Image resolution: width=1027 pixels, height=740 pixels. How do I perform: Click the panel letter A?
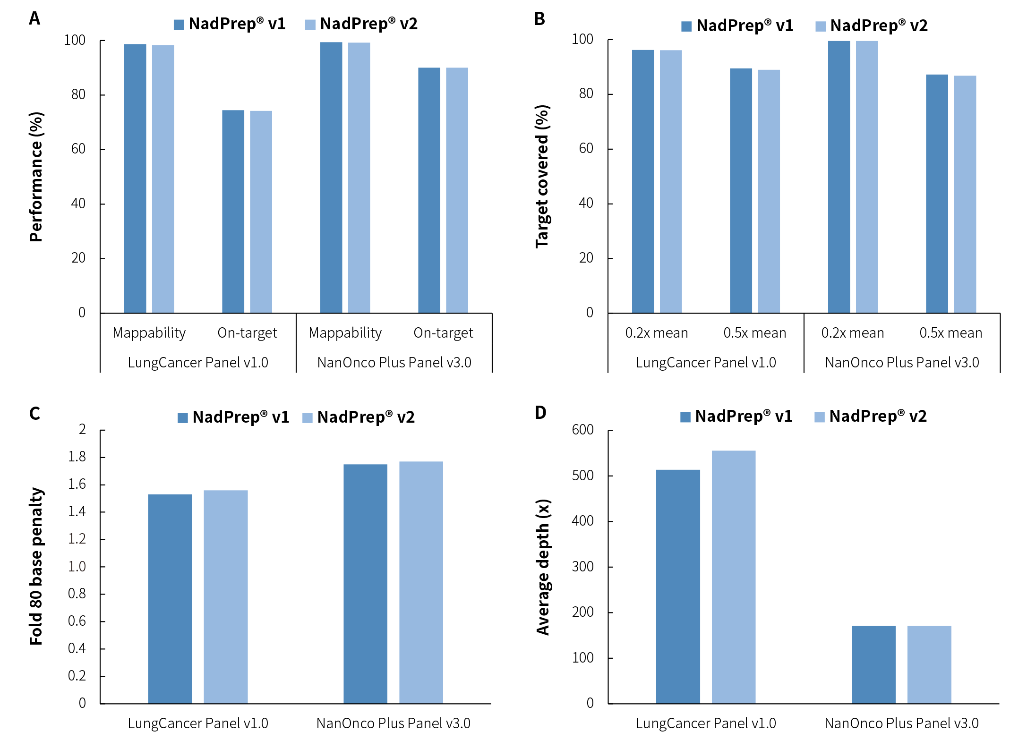(x=34, y=18)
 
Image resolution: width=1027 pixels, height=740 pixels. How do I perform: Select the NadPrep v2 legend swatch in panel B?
(x=821, y=26)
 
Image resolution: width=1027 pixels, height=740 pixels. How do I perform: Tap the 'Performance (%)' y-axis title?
(x=36, y=177)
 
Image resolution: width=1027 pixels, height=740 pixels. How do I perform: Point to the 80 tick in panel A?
(x=78, y=94)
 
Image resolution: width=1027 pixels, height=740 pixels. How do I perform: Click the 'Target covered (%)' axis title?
(x=543, y=177)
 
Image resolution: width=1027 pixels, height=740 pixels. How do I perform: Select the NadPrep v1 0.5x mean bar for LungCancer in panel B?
(x=741, y=191)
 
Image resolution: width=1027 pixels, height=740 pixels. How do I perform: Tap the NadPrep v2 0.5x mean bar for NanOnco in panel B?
(x=965, y=194)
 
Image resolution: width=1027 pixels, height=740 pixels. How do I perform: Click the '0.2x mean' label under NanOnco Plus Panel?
(x=853, y=333)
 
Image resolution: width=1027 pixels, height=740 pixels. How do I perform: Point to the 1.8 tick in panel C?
(x=77, y=457)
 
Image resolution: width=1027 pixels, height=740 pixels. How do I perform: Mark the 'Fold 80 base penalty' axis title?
(x=36, y=566)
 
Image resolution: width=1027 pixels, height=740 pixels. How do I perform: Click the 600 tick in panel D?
(x=582, y=430)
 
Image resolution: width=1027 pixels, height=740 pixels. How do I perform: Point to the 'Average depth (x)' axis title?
(x=543, y=567)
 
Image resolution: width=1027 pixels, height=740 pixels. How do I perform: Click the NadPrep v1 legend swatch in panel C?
(x=183, y=418)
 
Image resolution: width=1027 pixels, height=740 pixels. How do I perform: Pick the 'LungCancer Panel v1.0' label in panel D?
(x=706, y=723)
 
